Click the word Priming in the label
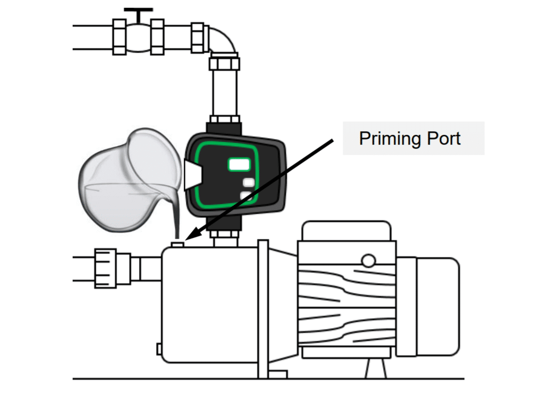click(389, 138)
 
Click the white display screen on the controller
click(239, 164)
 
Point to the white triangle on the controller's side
click(191, 174)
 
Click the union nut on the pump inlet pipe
click(107, 268)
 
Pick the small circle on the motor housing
click(368, 260)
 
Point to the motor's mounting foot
click(374, 367)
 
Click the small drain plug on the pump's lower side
click(160, 348)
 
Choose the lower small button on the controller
click(247, 195)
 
